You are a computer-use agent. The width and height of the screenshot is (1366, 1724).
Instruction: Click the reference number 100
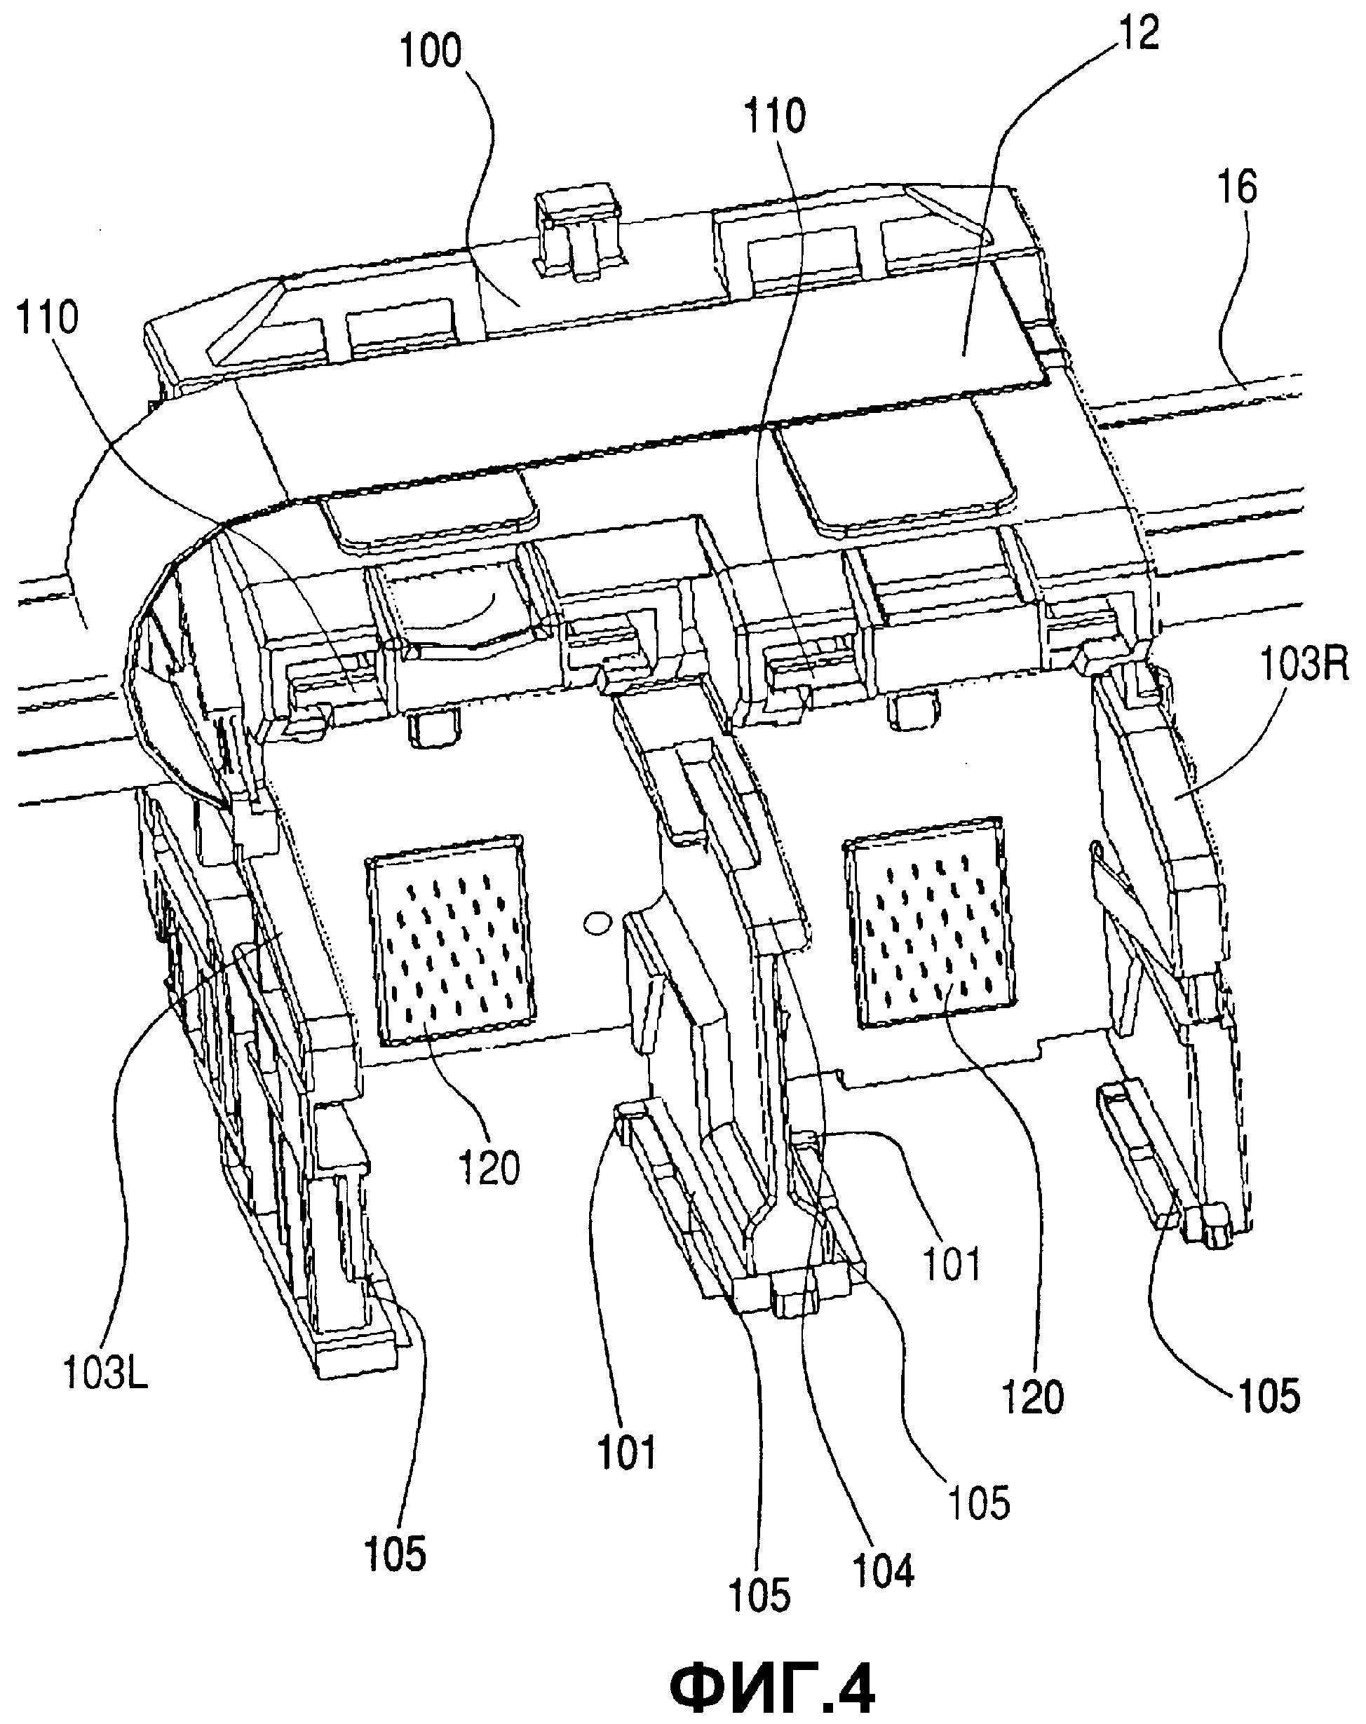click(431, 53)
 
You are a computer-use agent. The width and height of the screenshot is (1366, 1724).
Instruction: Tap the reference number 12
click(1138, 34)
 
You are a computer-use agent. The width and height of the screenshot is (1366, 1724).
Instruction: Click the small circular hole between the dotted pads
click(596, 923)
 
